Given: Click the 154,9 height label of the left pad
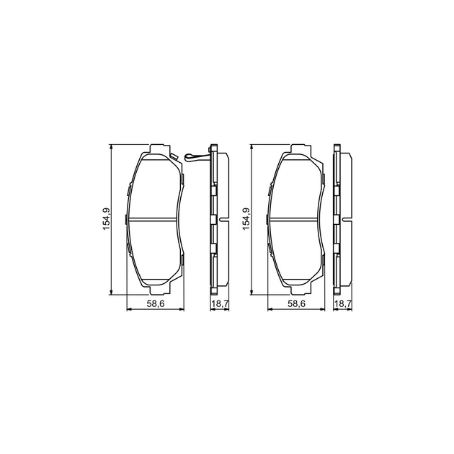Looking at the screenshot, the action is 106,219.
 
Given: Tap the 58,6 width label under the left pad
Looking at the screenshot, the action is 156,303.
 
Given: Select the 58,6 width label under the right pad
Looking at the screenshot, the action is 296,303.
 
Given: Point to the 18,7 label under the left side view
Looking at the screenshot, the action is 220,303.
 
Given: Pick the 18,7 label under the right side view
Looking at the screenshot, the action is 343,303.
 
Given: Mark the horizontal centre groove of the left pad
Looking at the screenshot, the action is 152,218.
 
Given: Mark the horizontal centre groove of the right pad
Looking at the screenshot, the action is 293,218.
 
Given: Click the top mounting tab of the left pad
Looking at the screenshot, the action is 159,148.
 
